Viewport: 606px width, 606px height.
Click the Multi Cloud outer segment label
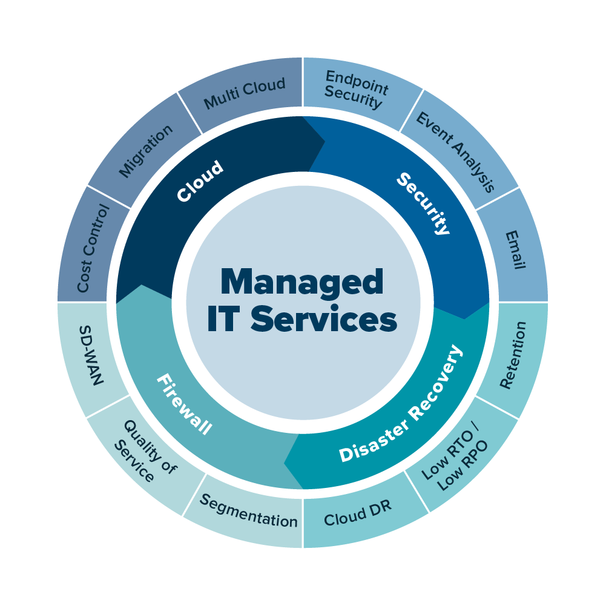point(245,93)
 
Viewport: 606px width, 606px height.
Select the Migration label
point(146,151)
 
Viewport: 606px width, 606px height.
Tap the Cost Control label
point(93,248)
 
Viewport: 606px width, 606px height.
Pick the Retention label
point(513,355)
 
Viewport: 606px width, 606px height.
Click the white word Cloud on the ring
point(200,181)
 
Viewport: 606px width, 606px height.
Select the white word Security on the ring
point(424,203)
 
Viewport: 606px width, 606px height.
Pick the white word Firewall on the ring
point(184,404)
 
